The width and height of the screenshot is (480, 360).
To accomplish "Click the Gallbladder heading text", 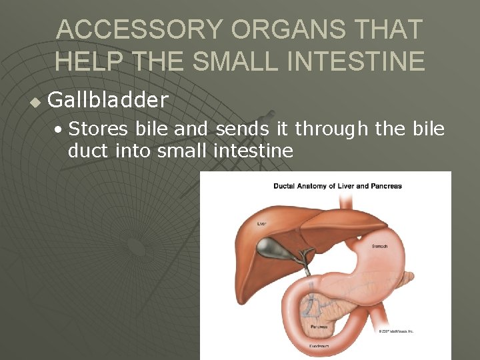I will click(x=108, y=101).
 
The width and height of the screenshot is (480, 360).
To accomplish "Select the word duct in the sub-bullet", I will click(x=89, y=151).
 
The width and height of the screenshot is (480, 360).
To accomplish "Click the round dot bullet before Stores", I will click(x=59, y=129).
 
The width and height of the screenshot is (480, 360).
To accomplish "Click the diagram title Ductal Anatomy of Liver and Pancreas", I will click(x=337, y=186).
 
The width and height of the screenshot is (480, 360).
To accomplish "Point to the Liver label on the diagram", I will click(x=262, y=224).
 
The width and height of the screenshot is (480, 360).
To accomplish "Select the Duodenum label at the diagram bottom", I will click(x=321, y=347).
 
